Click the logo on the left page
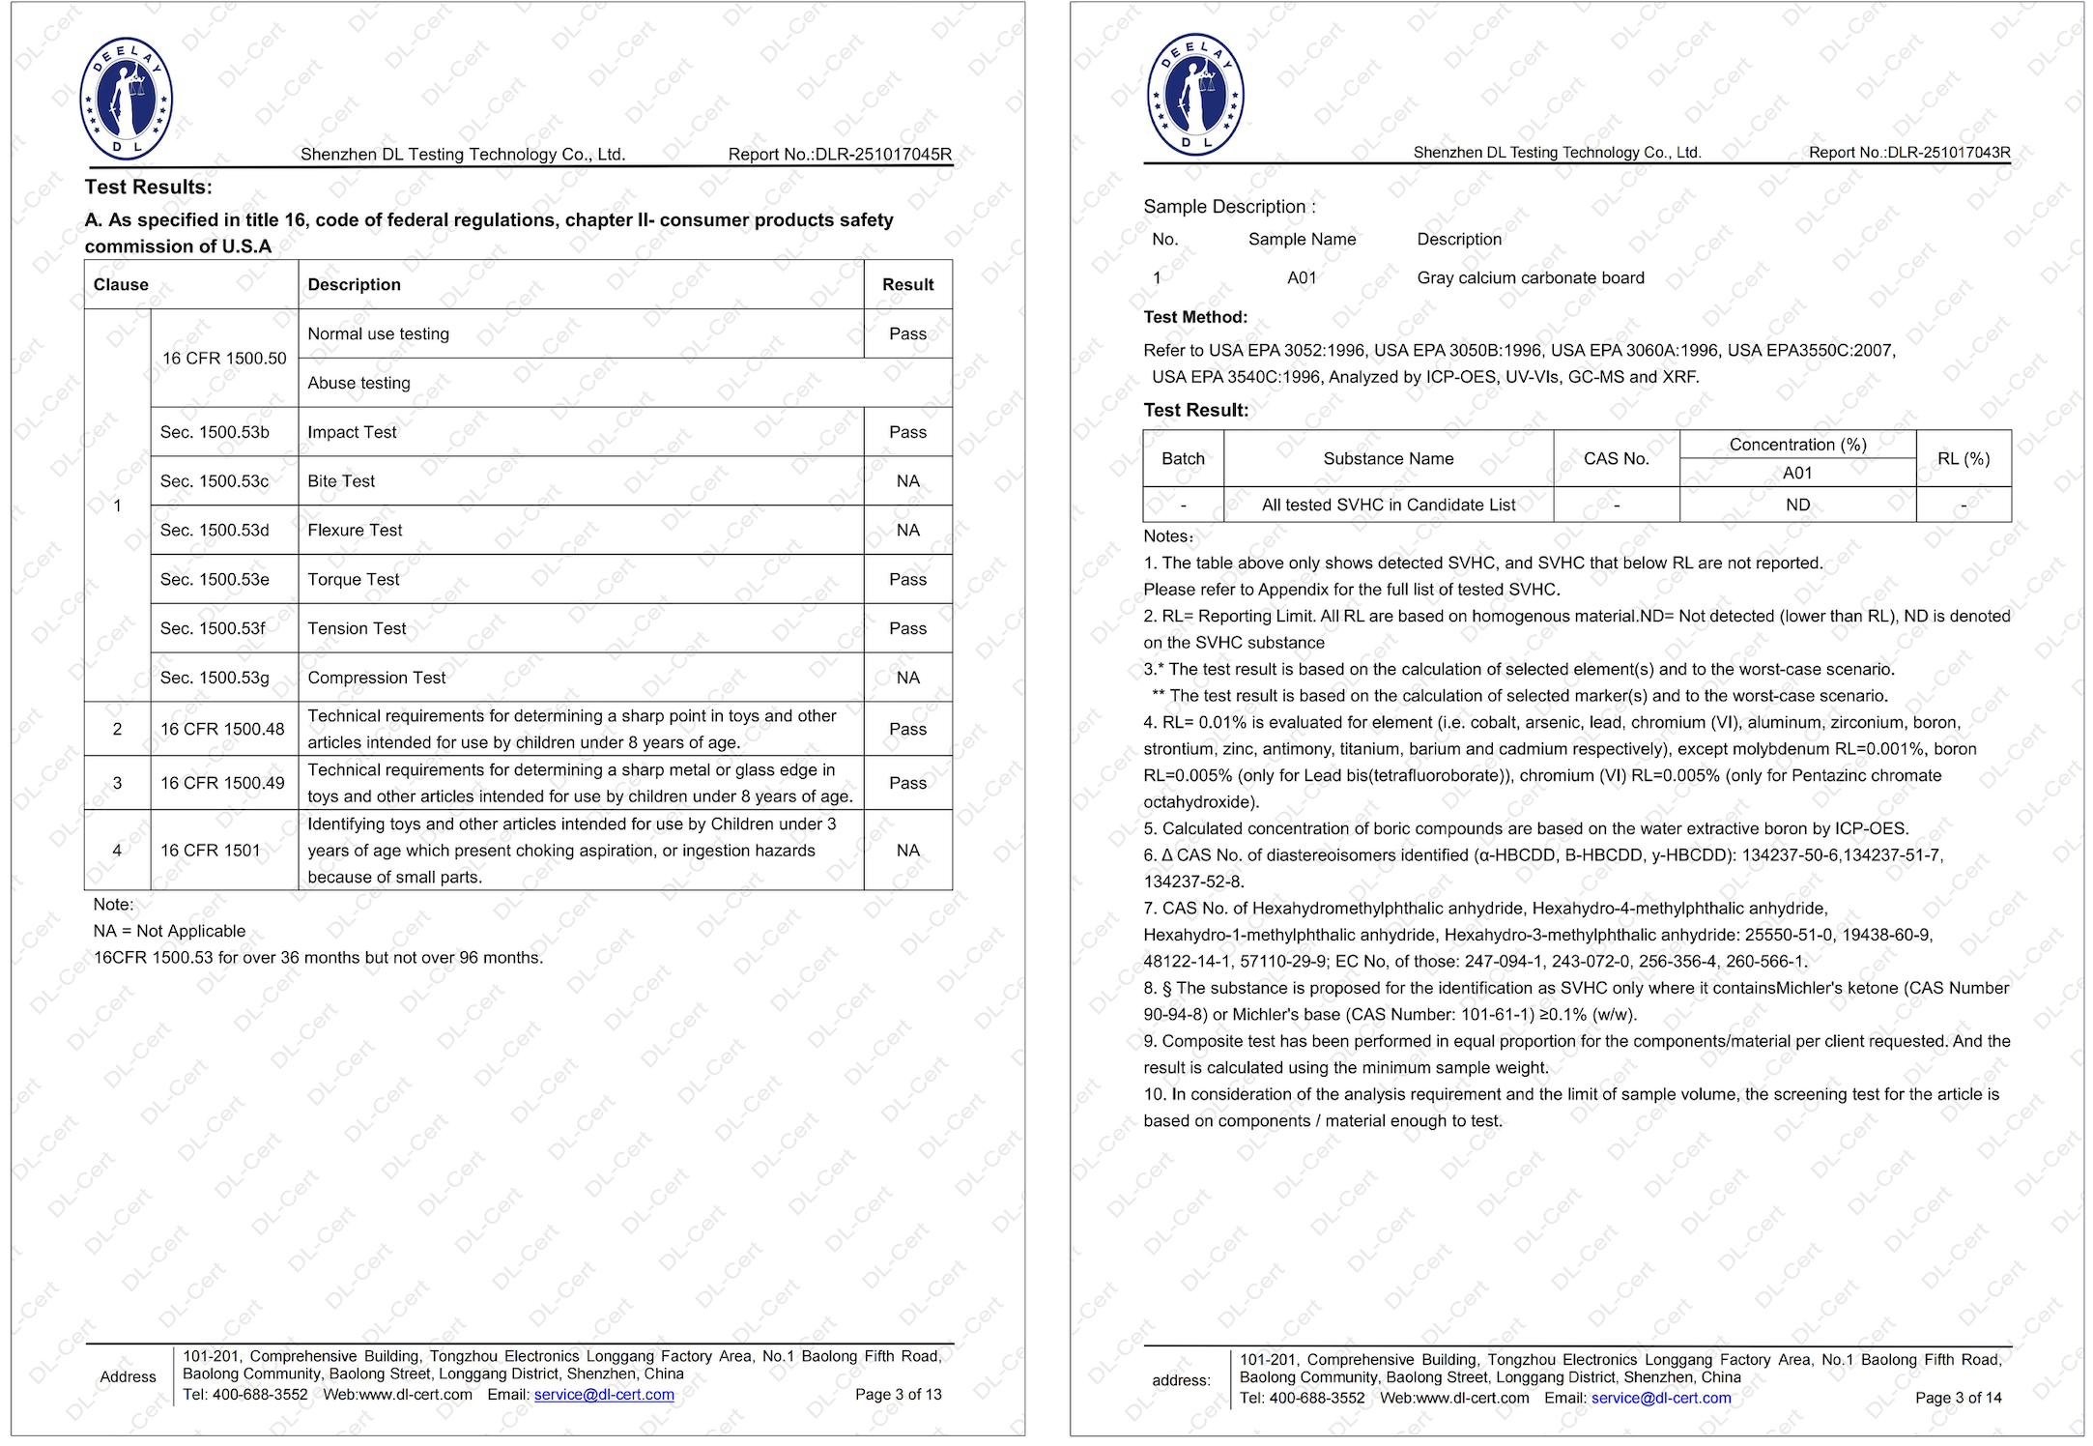[x=126, y=99]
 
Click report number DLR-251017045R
[x=840, y=155]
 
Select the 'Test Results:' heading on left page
[x=148, y=188]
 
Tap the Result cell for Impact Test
[x=907, y=432]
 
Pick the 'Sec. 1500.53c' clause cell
[x=215, y=481]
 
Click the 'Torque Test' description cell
[x=354, y=580]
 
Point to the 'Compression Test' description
[x=377, y=679]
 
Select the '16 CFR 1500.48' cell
[x=222, y=730]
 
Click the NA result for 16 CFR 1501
[x=907, y=851]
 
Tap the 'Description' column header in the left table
[x=354, y=285]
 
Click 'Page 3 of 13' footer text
[x=898, y=1395]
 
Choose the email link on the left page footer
[x=604, y=1395]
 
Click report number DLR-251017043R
[x=1909, y=153]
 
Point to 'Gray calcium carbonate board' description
[x=1531, y=278]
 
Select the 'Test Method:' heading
[x=1195, y=317]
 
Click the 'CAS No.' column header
[x=1616, y=459]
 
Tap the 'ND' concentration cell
[x=1797, y=506]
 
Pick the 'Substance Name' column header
[x=1388, y=459]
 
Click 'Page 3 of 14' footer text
[x=1958, y=1399]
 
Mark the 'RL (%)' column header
[x=1964, y=459]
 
